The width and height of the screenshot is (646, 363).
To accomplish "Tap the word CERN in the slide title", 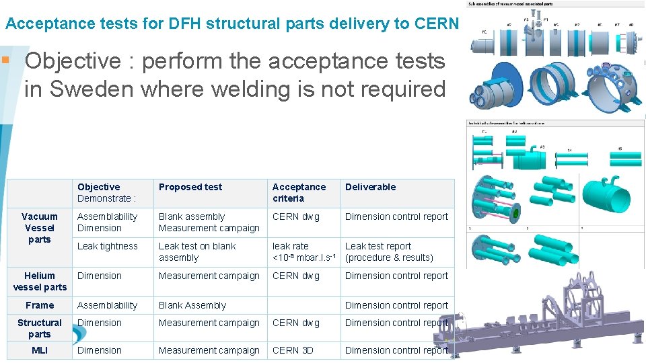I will tap(438, 24).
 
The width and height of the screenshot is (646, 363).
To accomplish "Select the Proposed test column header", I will tap(190, 187).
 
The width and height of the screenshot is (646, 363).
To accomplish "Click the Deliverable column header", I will tap(370, 187).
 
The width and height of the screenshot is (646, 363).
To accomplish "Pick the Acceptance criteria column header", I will tap(299, 192).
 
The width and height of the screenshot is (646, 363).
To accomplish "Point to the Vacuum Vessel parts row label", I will tap(40, 228).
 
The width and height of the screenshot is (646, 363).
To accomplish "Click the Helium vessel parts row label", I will tap(40, 281).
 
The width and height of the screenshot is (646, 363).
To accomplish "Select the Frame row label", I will tap(40, 305).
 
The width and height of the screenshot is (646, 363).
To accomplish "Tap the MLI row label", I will tap(40, 350).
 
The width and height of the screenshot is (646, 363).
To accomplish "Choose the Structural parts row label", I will tap(40, 328).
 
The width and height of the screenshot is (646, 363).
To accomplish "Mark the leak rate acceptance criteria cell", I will tap(303, 252).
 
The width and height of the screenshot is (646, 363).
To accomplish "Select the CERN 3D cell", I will tap(293, 350).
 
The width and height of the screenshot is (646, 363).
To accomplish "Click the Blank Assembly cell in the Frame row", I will tap(192, 305).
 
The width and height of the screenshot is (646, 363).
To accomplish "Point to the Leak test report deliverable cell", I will tap(389, 252).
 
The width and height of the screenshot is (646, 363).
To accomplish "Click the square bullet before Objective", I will tap(6, 61).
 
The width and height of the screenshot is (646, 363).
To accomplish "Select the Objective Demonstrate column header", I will tap(107, 192).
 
